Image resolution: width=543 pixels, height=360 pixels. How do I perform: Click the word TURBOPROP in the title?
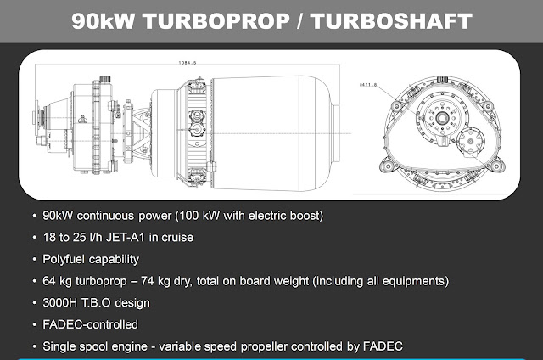coord(216,21)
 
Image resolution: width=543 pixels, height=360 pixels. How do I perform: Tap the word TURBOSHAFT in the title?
coord(391,21)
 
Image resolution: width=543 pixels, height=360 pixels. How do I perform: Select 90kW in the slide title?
coord(104,21)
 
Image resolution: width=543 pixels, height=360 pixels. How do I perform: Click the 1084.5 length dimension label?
coord(188,63)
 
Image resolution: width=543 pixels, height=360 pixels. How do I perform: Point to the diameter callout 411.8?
coord(368,85)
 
